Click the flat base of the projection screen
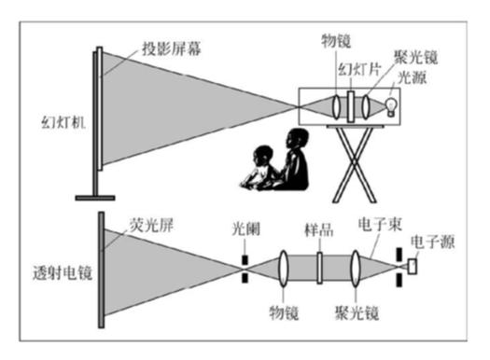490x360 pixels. pos(95,196)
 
